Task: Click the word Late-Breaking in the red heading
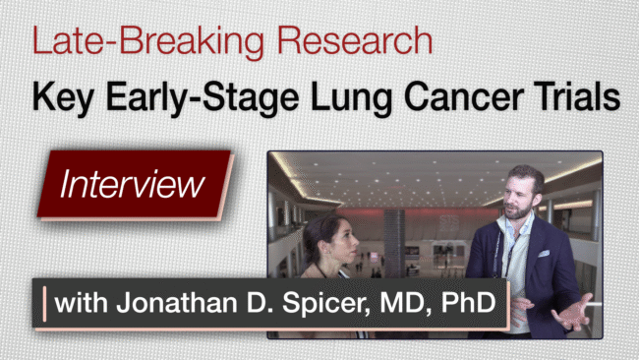(x=148, y=40)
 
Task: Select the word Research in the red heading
(x=355, y=40)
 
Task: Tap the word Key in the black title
(x=63, y=97)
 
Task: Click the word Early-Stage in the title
(x=203, y=97)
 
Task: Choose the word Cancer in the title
(x=464, y=97)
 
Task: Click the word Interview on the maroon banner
(x=132, y=184)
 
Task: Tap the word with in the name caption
(x=81, y=303)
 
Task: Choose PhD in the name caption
(x=469, y=303)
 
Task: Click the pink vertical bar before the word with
(x=44, y=304)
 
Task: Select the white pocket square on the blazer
(x=544, y=254)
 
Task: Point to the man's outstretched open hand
(x=575, y=313)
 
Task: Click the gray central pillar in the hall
(x=394, y=243)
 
